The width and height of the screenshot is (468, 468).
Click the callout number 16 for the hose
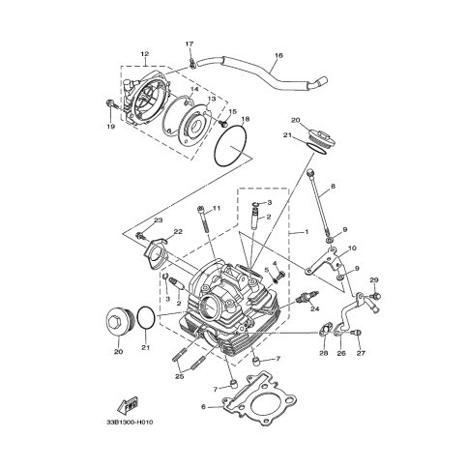pos(279,55)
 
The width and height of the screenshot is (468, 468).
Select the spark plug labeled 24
pos(307,297)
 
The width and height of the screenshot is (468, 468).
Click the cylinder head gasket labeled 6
pos(259,399)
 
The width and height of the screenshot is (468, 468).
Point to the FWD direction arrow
pos(128,405)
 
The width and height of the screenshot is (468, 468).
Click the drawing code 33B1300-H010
pos(130,423)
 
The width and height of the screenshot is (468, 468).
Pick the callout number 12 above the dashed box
pos(145,53)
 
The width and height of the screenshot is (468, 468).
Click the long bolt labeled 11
pos(203,221)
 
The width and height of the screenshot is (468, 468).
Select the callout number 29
pos(374,280)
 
